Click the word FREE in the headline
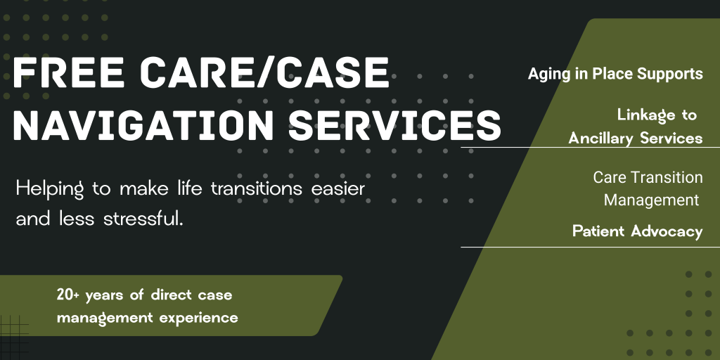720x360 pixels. pos(69,72)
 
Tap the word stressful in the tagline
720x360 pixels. pos(143,218)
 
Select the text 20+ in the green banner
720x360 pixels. pos(68,295)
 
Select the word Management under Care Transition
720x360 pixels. pos(651,200)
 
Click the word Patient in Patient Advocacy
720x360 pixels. pos(599,231)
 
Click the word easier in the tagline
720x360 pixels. pos(338,188)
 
